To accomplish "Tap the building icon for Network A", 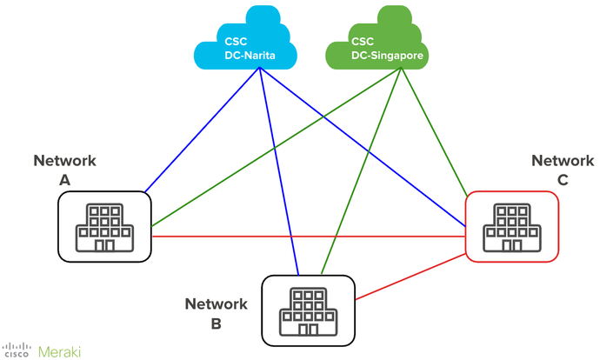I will (x=105, y=227).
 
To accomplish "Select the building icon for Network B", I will (x=309, y=311).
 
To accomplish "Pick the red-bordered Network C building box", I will (x=512, y=227).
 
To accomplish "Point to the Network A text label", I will (x=65, y=169).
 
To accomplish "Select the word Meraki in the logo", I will (x=60, y=350).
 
